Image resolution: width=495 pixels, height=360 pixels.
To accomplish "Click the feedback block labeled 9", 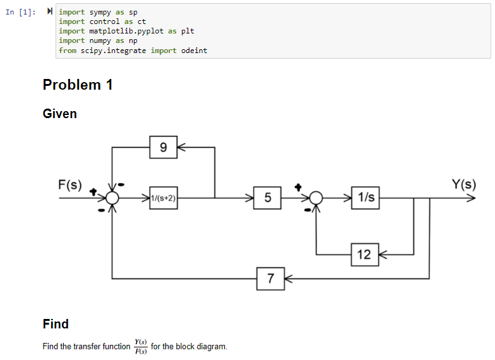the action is (163, 147).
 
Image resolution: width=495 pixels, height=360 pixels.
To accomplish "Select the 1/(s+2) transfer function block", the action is (163, 198).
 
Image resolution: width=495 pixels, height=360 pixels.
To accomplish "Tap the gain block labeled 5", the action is (267, 198).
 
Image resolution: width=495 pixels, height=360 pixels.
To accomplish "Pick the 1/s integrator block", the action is (366, 198).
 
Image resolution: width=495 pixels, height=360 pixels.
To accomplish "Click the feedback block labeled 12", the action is (365, 255).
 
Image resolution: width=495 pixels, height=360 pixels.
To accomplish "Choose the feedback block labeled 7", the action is (270, 279).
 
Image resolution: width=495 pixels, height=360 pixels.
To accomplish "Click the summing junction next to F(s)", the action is (112, 198).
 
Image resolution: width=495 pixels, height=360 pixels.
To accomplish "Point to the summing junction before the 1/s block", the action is (316, 198).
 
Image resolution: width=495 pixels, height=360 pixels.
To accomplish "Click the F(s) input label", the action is (70, 184).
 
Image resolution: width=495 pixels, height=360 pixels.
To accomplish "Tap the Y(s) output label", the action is (463, 184).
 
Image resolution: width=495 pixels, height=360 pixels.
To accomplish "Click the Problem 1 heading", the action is (78, 85).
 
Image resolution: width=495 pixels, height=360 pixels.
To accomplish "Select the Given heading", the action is (59, 114).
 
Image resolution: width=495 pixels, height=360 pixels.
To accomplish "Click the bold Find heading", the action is (56, 324).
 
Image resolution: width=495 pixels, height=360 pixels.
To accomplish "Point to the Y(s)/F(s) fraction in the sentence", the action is (140, 346).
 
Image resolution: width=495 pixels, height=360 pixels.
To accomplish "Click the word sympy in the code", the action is (100, 13).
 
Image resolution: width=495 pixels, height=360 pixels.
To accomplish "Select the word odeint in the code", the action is (194, 51).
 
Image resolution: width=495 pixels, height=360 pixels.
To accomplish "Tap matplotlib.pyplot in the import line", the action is (126, 32).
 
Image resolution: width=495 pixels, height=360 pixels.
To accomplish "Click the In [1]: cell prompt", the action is (20, 13).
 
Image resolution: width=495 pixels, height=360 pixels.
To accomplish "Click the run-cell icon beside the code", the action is (49, 11).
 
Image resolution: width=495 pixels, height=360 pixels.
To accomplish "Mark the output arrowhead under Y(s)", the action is (472, 198).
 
